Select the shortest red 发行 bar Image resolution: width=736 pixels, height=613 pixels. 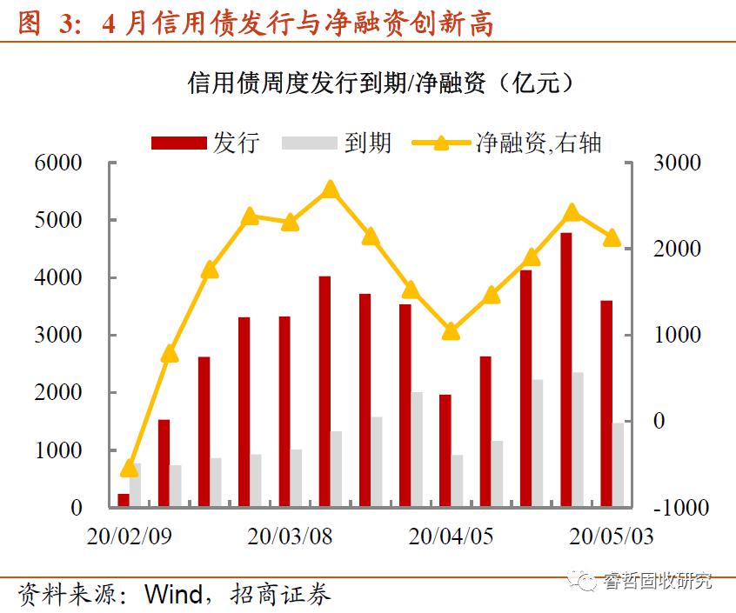tap(124, 500)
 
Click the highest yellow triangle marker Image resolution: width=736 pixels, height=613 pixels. tap(329, 190)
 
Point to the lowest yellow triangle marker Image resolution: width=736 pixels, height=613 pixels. tap(130, 468)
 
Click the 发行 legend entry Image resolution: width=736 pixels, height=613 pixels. tap(205, 143)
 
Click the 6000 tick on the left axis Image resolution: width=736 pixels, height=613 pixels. tap(58, 163)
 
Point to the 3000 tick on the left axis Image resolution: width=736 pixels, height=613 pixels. tap(58, 336)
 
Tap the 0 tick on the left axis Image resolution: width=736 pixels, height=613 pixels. tap(76, 508)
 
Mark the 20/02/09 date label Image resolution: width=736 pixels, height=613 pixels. tap(129, 536)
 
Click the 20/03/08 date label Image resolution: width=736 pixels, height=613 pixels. tap(290, 536)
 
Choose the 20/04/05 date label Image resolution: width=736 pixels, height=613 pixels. tap(451, 536)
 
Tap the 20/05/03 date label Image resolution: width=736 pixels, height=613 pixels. tap(611, 536)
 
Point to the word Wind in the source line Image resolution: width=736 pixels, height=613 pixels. tap(174, 595)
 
